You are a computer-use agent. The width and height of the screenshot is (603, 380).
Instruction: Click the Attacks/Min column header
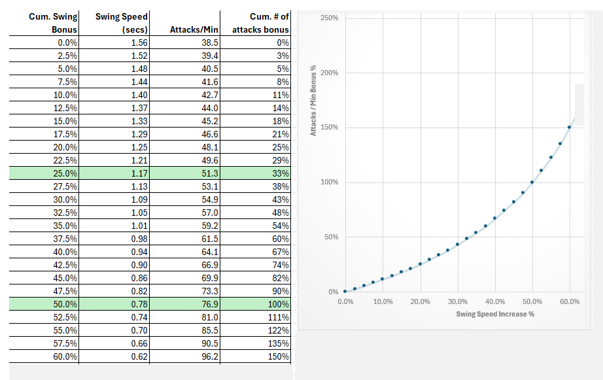tap(193, 29)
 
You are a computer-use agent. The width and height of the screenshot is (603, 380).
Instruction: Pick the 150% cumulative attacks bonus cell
tap(278, 356)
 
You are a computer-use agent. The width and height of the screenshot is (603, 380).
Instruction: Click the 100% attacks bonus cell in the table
tap(278, 304)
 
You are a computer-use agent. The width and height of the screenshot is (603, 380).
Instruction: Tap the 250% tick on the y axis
tap(330, 18)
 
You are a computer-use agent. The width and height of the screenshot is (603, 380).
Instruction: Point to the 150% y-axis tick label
tap(330, 127)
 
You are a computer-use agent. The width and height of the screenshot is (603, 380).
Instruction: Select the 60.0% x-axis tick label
tap(570, 302)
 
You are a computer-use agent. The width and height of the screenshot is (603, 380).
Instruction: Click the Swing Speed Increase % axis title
tap(495, 314)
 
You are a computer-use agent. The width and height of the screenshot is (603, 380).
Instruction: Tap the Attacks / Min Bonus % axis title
tap(313, 100)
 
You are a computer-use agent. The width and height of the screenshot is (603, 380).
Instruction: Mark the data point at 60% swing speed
tap(569, 128)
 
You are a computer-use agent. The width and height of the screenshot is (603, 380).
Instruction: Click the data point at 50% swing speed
tap(532, 182)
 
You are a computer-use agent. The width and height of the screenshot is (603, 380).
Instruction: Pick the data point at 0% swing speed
tap(345, 291)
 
